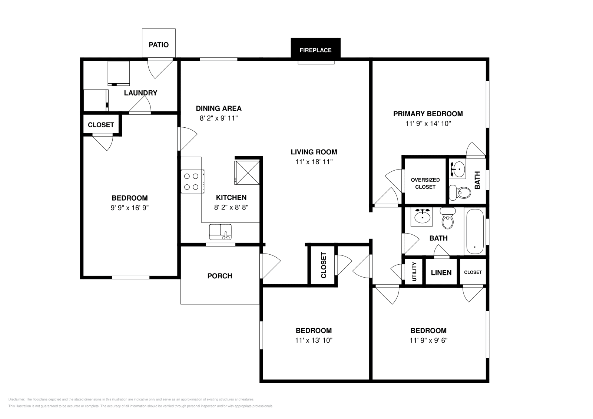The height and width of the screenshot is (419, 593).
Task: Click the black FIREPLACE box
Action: coord(315,50)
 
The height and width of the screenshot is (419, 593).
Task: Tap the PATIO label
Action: coord(159,45)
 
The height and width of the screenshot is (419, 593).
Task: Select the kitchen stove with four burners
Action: coord(192,181)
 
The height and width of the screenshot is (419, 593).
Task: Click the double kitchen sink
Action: coord(220,232)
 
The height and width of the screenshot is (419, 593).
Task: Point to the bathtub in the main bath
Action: coord(474,232)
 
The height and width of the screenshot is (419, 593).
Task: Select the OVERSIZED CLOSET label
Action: coord(425,183)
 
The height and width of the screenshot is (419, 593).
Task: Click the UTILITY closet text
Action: coord(414,272)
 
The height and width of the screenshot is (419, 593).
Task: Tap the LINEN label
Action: coord(441,273)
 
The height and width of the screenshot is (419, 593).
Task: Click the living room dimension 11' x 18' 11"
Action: coord(314,162)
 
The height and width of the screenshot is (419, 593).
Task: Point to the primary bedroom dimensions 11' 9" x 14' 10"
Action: coord(428,124)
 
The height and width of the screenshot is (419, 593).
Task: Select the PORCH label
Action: coord(220,276)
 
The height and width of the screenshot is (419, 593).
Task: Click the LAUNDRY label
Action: coord(140,93)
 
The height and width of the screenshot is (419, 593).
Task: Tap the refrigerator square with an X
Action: coord(247,172)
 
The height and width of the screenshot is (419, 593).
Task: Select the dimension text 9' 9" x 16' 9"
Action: coord(130,208)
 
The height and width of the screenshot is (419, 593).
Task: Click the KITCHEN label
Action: coord(231,197)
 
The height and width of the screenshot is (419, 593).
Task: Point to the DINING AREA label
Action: coord(219,108)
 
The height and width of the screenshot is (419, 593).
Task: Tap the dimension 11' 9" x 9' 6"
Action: coord(428,341)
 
